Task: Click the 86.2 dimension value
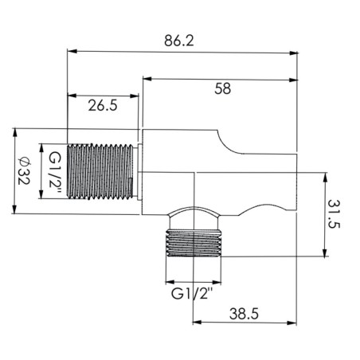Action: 179,41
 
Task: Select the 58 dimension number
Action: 222,88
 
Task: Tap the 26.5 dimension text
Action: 103,105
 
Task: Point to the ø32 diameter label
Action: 24,171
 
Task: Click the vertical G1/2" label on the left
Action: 55,173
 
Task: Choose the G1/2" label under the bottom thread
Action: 192,294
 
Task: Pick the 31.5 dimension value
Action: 334,214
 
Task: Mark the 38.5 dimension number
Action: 244,314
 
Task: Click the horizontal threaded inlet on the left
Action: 100,171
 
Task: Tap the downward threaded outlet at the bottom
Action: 194,243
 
